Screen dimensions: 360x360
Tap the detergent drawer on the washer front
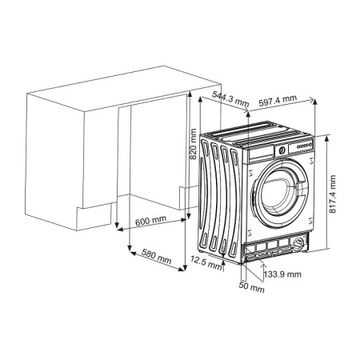[x=262, y=152]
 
